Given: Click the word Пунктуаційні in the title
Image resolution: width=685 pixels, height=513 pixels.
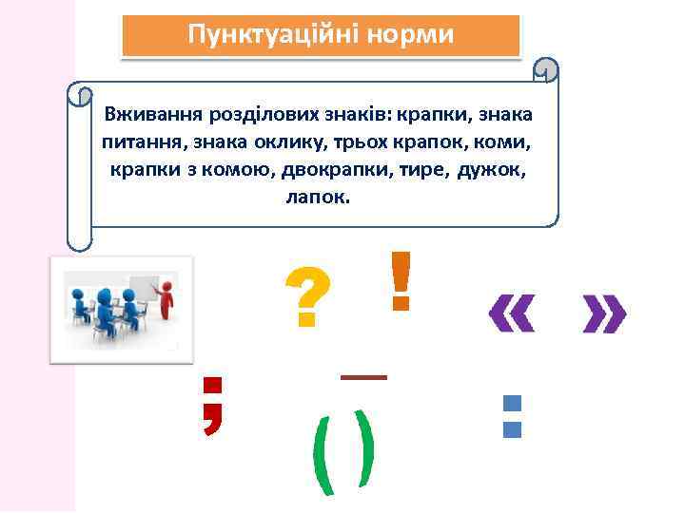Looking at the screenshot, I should [265, 35].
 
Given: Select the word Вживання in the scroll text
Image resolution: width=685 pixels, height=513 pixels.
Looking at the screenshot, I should [147, 115].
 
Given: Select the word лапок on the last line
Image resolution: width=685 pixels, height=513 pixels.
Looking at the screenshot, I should [317, 199].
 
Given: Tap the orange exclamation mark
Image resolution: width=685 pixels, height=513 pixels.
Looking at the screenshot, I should [401, 281].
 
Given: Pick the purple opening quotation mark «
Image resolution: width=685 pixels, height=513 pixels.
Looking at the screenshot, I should [511, 314].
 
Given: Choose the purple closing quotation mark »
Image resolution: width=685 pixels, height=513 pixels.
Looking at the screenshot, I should [604, 314].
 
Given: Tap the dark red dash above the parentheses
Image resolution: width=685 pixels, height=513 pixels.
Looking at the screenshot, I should [363, 377].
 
